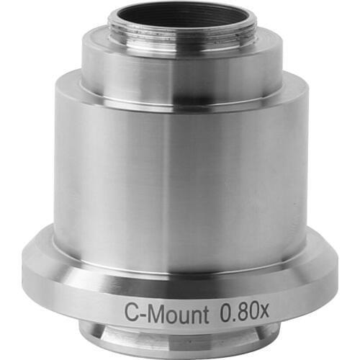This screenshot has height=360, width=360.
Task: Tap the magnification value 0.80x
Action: click(245, 312)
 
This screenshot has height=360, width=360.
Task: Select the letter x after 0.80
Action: click(264, 314)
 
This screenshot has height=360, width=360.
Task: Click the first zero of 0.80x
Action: click(225, 312)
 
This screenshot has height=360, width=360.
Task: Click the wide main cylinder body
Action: click(180, 173)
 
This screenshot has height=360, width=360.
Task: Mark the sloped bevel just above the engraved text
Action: click(180, 287)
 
